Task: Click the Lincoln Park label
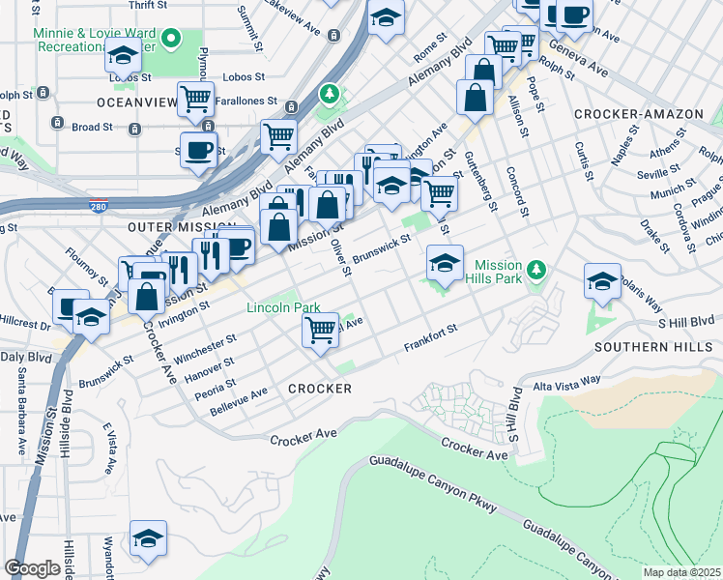click(283, 307)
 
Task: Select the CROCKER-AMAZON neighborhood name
click(638, 114)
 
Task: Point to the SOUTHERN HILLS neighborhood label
click(645, 346)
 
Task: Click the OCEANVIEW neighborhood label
click(136, 101)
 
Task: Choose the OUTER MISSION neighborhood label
click(168, 225)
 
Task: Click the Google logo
click(32, 568)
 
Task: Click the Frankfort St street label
click(429, 343)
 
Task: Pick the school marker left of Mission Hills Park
click(444, 263)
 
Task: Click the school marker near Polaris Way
click(602, 280)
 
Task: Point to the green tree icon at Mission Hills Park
click(541, 268)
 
